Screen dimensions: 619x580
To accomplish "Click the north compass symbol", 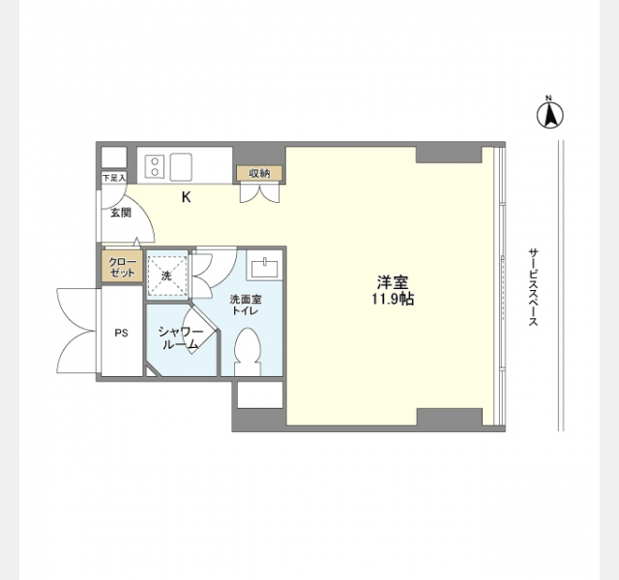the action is (550, 114).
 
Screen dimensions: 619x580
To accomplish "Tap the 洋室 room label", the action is (393, 282).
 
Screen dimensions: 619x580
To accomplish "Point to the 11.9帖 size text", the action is (393, 300).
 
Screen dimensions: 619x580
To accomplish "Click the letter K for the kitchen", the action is (186, 197).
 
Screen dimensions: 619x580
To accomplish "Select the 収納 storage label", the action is (259, 173).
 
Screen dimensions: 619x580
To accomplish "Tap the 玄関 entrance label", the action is (120, 213).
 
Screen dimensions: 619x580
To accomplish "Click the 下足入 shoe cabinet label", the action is (114, 178).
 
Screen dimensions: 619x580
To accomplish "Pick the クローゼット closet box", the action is (122, 267).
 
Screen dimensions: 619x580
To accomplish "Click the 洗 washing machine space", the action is (166, 275).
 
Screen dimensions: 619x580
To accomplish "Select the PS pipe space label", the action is (122, 333).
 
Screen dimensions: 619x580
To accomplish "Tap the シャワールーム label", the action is (181, 338).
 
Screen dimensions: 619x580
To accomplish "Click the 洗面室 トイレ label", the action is (246, 304).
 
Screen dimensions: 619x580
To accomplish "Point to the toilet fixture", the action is (248, 351).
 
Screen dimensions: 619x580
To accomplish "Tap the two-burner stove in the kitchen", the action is (155, 166).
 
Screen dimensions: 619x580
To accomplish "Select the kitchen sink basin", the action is (181, 166).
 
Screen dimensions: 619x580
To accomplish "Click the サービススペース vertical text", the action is (533, 287).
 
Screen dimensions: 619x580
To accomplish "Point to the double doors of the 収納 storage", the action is (260, 193).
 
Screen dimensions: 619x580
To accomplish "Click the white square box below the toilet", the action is (260, 394).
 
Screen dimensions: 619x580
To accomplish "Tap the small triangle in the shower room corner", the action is (151, 372).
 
